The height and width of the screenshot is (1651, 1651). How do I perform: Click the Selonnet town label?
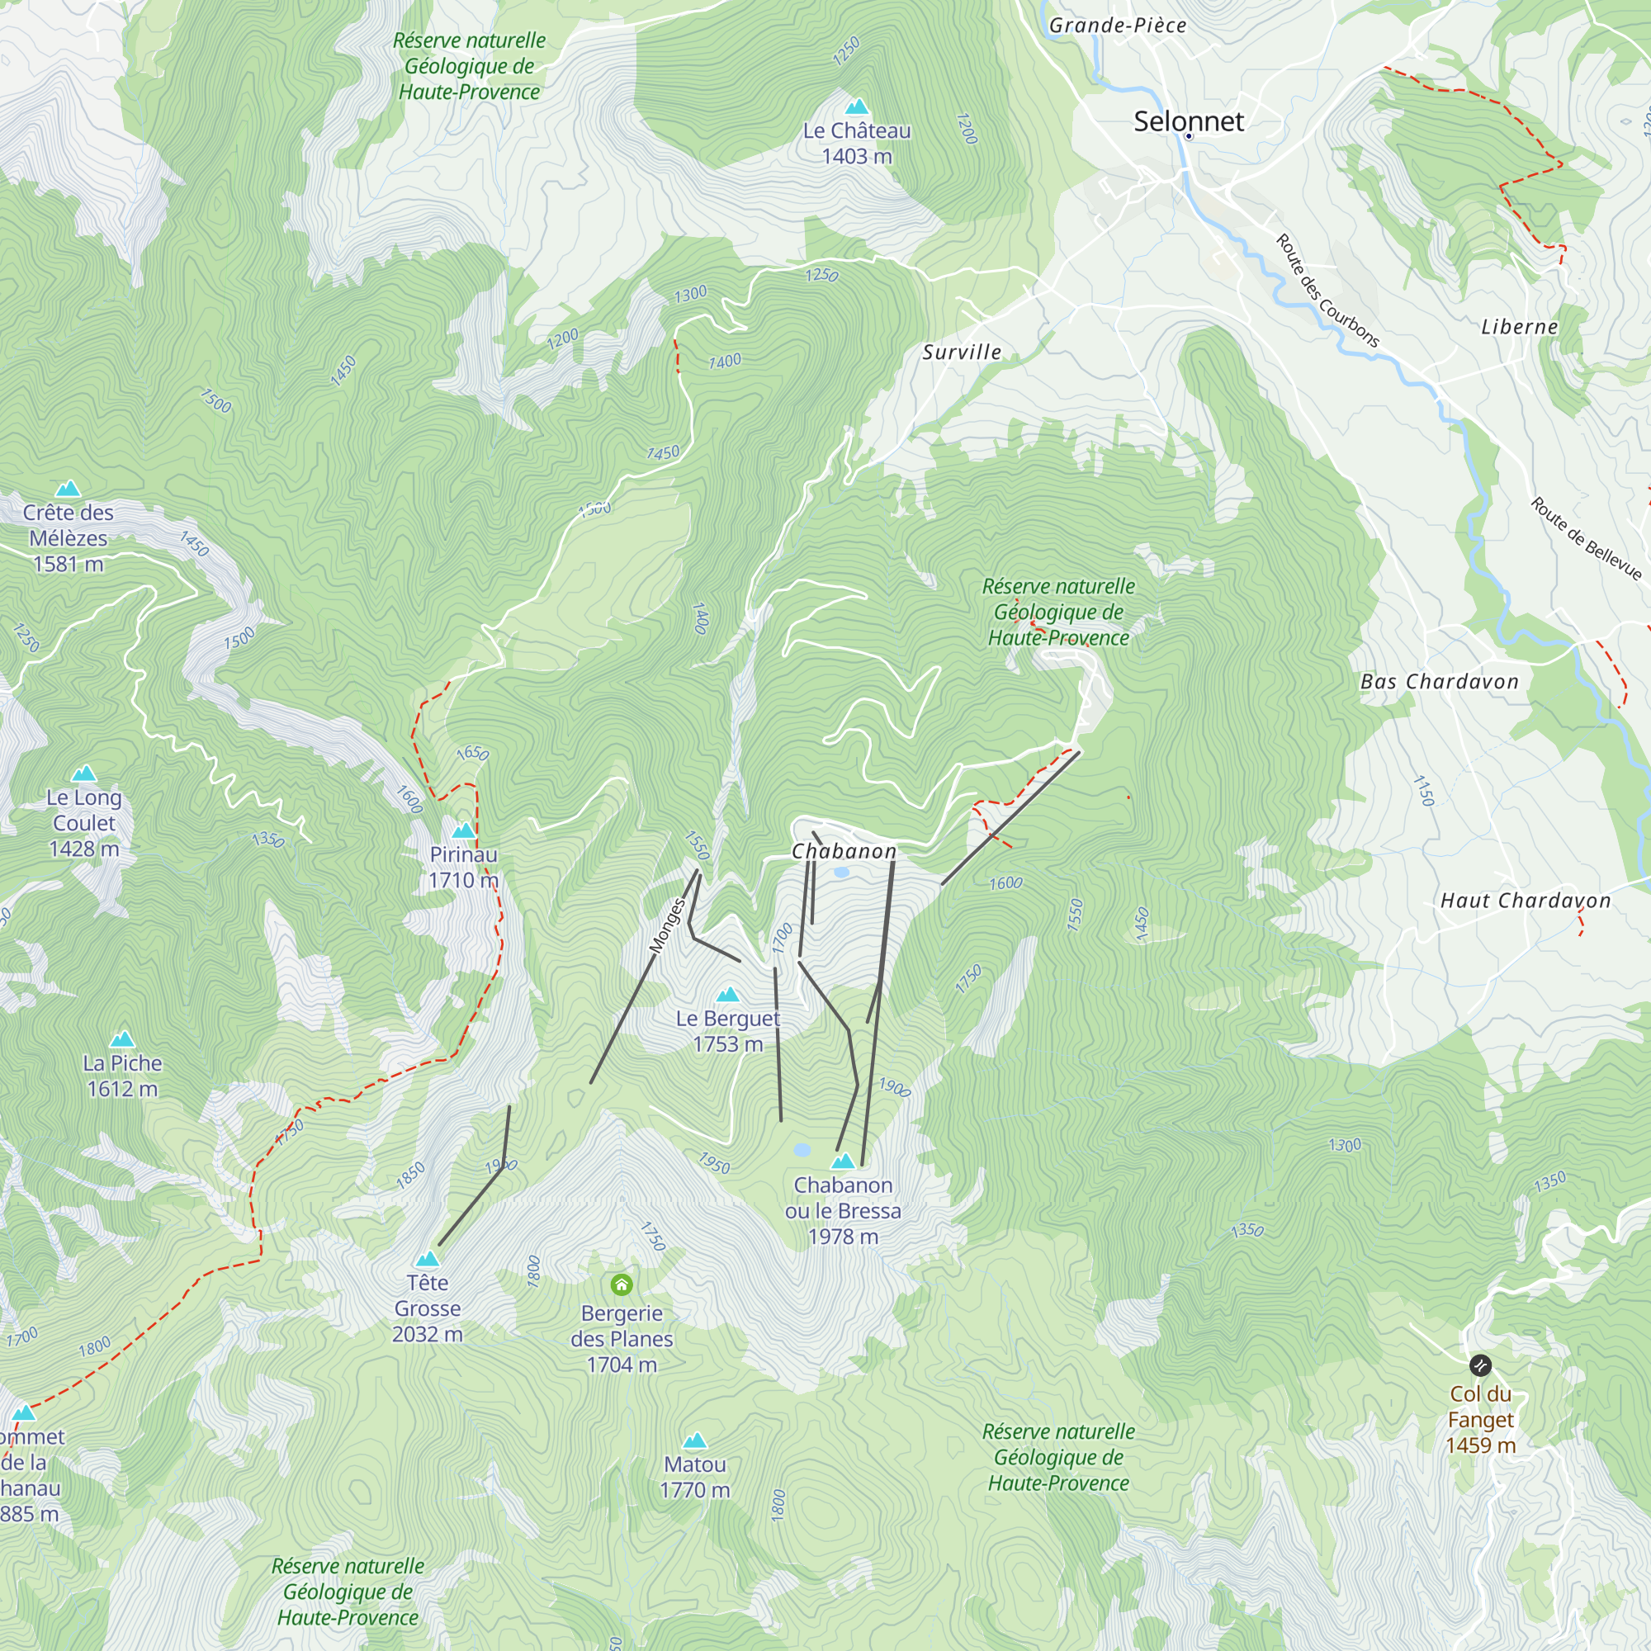pyautogui.click(x=1188, y=121)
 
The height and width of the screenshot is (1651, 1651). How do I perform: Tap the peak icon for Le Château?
pyautogui.click(x=856, y=106)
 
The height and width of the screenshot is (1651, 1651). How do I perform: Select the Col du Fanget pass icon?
pyautogui.click(x=1480, y=1365)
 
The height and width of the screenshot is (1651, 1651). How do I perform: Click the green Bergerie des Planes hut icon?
pyautogui.click(x=622, y=1284)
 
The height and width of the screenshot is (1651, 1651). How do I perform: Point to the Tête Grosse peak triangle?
pyautogui.click(x=428, y=1259)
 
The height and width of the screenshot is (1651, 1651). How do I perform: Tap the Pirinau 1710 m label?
pyautogui.click(x=463, y=867)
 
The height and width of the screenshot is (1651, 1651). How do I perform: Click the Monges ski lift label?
pyautogui.click(x=667, y=925)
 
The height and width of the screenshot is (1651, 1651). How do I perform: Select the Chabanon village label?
pyautogui.click(x=844, y=851)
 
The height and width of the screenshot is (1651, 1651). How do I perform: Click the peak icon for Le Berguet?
pyautogui.click(x=727, y=995)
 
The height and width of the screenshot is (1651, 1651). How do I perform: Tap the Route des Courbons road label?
pyautogui.click(x=1327, y=291)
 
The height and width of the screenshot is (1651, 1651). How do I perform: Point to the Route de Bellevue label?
pyautogui.click(x=1585, y=538)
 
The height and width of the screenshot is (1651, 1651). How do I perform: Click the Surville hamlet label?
pyautogui.click(x=962, y=352)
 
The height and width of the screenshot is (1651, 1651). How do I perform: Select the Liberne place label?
pyautogui.click(x=1519, y=327)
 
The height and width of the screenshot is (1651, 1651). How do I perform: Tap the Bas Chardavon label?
pyautogui.click(x=1439, y=681)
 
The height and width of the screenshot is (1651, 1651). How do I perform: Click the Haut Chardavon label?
pyautogui.click(x=1525, y=901)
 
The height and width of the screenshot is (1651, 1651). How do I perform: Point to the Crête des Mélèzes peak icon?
pyautogui.click(x=68, y=489)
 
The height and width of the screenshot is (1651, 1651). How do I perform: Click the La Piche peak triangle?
pyautogui.click(x=122, y=1039)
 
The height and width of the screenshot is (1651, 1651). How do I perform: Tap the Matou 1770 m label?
pyautogui.click(x=695, y=1477)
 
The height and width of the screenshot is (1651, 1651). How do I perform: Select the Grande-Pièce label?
pyautogui.click(x=1117, y=26)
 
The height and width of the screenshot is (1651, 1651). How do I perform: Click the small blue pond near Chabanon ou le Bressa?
pyautogui.click(x=802, y=1150)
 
